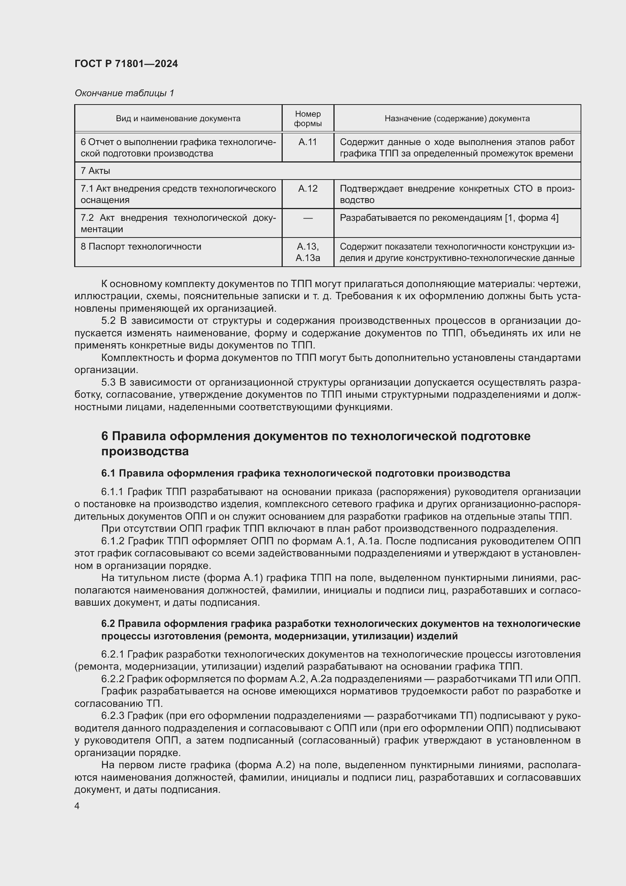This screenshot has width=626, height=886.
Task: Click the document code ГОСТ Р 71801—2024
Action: pyautogui.click(x=126, y=64)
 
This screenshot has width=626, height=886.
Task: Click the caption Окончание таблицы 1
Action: pyautogui.click(x=124, y=93)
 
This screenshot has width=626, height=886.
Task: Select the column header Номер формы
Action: pyautogui.click(x=308, y=119)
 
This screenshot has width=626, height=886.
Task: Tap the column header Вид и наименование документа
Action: pyautogui.click(x=178, y=119)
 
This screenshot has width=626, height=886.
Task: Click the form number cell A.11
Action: pyautogui.click(x=308, y=142)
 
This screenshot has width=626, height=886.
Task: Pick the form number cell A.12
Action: pyautogui.click(x=308, y=189)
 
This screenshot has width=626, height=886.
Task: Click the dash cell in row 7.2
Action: pyautogui.click(x=308, y=219)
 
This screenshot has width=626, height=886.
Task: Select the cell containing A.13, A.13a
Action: pyautogui.click(x=308, y=252)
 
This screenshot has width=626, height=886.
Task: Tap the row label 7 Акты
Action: pyautogui.click(x=95, y=170)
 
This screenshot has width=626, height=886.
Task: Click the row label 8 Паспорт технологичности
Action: pyautogui.click(x=141, y=247)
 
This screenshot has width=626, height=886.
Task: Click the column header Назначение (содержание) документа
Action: pyautogui.click(x=457, y=119)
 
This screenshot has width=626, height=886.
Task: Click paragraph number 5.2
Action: pyautogui.click(x=109, y=321)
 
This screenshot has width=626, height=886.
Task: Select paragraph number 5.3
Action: pyautogui.click(x=109, y=383)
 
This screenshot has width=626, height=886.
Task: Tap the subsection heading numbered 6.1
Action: pyautogui.click(x=305, y=473)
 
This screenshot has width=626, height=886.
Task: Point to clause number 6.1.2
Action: pyautogui.click(x=112, y=541)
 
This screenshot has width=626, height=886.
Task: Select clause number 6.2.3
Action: pyautogui.click(x=112, y=716)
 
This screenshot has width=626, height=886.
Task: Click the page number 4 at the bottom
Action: pyautogui.click(x=77, y=806)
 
